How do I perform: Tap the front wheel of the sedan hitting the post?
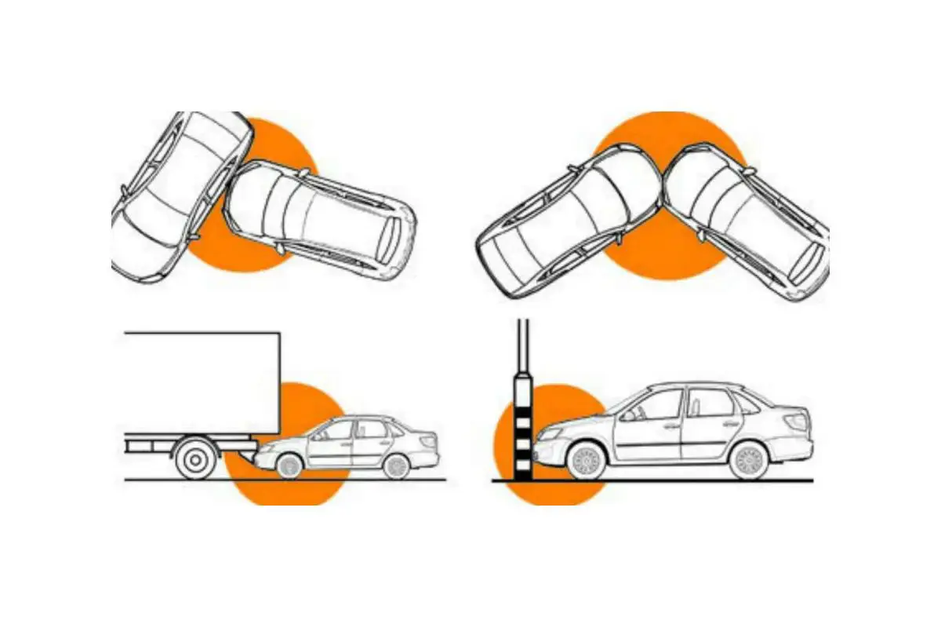[x=584, y=461]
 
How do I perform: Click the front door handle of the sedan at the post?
[x=671, y=426]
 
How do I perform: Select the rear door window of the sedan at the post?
[x=708, y=403]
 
